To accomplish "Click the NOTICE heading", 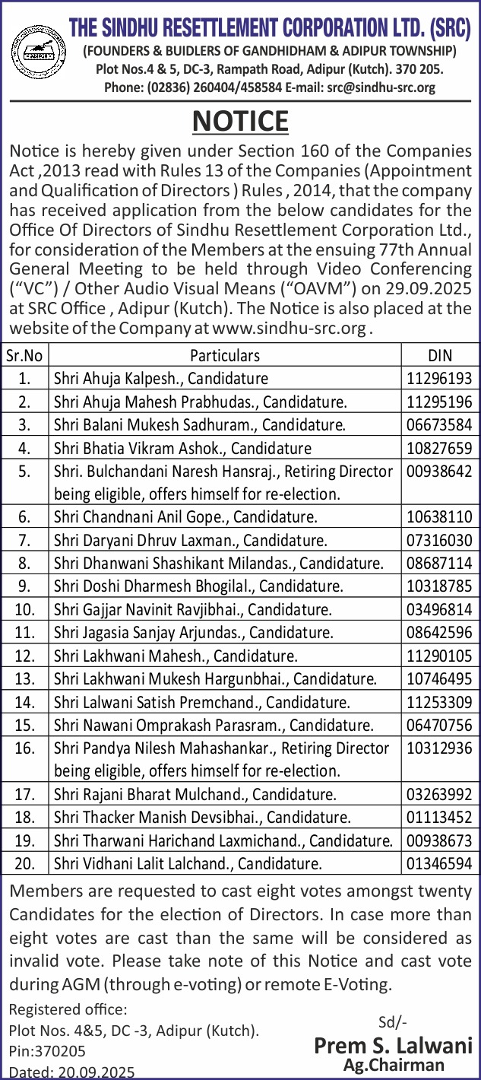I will tap(240, 121).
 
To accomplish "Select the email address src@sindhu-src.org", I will tap(381, 87).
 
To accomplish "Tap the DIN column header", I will tap(439, 355).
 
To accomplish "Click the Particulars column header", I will tap(225, 355).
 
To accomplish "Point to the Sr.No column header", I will tap(25, 355).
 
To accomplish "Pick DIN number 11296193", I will tap(439, 378).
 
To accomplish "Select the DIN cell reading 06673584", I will tap(439, 424).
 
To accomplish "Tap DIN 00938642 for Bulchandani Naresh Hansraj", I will tap(439, 472).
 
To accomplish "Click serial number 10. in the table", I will tap(25, 609).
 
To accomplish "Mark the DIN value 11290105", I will tap(439, 656).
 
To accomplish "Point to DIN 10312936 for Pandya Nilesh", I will tap(439, 748).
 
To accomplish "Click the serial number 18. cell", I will tap(25, 818).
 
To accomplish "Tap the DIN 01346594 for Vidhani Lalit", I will tap(439, 863).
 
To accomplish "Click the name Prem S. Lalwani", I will tap(394, 1046).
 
